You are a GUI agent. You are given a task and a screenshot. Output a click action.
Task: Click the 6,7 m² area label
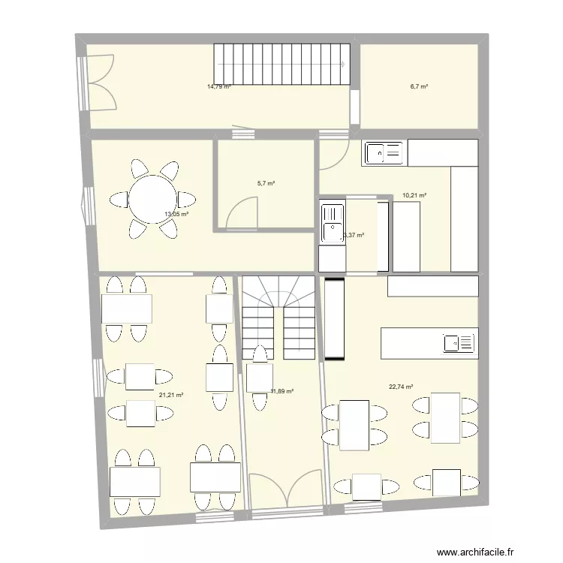[419, 86]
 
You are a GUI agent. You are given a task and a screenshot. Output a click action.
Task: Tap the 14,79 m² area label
[218, 86]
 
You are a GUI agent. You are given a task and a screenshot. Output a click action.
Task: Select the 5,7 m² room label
[266, 182]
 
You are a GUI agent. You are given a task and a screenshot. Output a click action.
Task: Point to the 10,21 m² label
[414, 196]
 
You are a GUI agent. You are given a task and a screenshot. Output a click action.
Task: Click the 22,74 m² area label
[401, 387]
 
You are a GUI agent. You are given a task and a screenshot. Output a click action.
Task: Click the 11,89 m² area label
[281, 391]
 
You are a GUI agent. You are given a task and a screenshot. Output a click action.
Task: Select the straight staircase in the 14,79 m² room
[282, 66]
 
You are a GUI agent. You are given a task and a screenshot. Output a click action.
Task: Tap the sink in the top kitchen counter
[384, 153]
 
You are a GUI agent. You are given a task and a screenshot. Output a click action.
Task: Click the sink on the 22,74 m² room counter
[459, 343]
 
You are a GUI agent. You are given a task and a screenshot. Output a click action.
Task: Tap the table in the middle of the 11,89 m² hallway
[260, 377]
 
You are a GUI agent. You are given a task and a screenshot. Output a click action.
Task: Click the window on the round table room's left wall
[89, 206]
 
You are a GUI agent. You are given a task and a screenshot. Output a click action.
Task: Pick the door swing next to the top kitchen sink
[333, 155]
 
